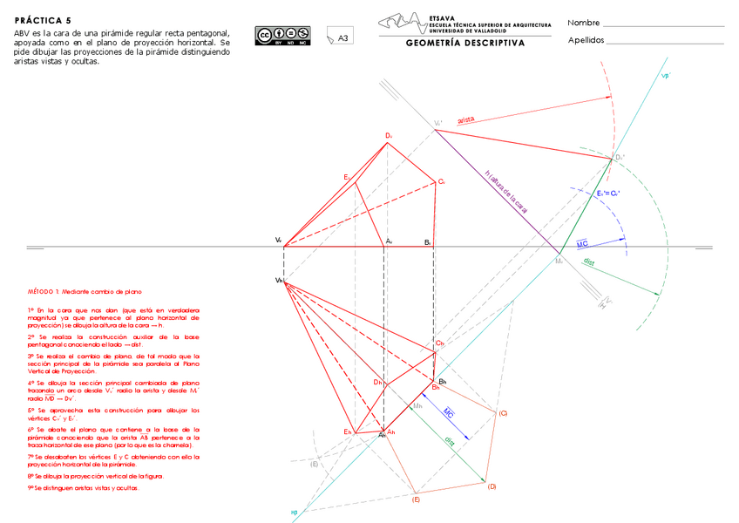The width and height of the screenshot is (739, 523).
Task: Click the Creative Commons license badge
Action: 271,35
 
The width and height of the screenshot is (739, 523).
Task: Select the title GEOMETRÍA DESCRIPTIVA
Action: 464,43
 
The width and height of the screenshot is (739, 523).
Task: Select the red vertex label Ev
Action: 347,178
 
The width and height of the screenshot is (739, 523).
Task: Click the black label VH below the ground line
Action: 280,280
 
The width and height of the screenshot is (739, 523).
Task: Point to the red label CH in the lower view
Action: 440,344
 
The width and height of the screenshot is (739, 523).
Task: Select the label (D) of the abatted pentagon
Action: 492,486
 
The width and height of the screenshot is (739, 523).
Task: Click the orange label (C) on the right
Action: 503,412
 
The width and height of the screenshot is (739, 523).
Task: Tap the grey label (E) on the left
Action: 314,464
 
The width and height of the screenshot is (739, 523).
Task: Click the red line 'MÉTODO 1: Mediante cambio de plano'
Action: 85,291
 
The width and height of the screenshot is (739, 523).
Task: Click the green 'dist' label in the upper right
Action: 589,261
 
